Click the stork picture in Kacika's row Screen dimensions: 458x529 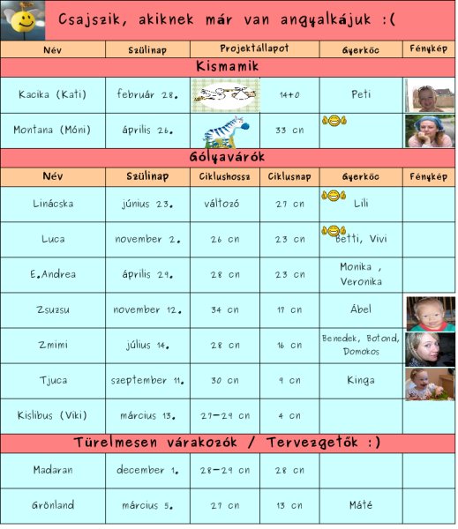pyautogui.click(x=225, y=93)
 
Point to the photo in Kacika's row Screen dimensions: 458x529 pyautogui.click(x=430, y=94)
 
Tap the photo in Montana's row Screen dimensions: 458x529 pyautogui.click(x=430, y=130)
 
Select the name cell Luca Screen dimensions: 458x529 pyautogui.click(x=53, y=239)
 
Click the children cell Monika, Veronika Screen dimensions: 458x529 pyautogui.click(x=361, y=274)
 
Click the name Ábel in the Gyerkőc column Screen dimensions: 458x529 pyautogui.click(x=361, y=309)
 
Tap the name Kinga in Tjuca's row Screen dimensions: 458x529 pyautogui.click(x=361, y=380)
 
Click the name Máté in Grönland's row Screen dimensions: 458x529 pyautogui.click(x=361, y=505)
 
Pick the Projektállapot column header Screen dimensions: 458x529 pyautogui.click(x=254, y=49)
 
